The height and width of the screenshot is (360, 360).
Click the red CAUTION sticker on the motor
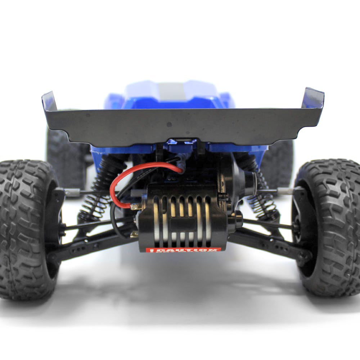click(x=183, y=249)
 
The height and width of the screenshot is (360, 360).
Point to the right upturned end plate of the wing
click(x=313, y=98)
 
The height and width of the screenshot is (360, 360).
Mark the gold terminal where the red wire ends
click(x=135, y=207)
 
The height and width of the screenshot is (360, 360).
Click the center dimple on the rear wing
click(x=169, y=125)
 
